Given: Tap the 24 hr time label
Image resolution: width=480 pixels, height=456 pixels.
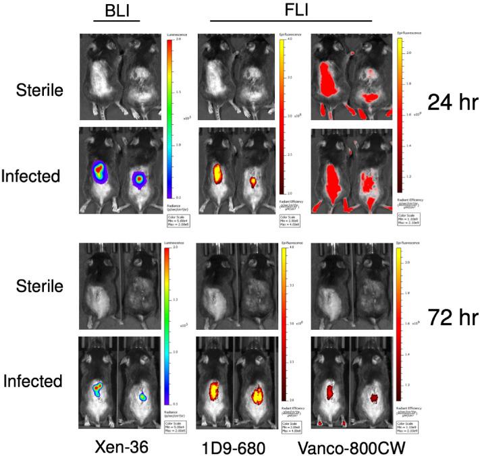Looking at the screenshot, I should pos(452,102).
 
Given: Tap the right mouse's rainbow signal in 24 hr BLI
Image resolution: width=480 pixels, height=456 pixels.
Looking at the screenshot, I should pos(139,179).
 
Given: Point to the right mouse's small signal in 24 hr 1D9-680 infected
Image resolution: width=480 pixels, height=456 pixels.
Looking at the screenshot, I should pos(254,181).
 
